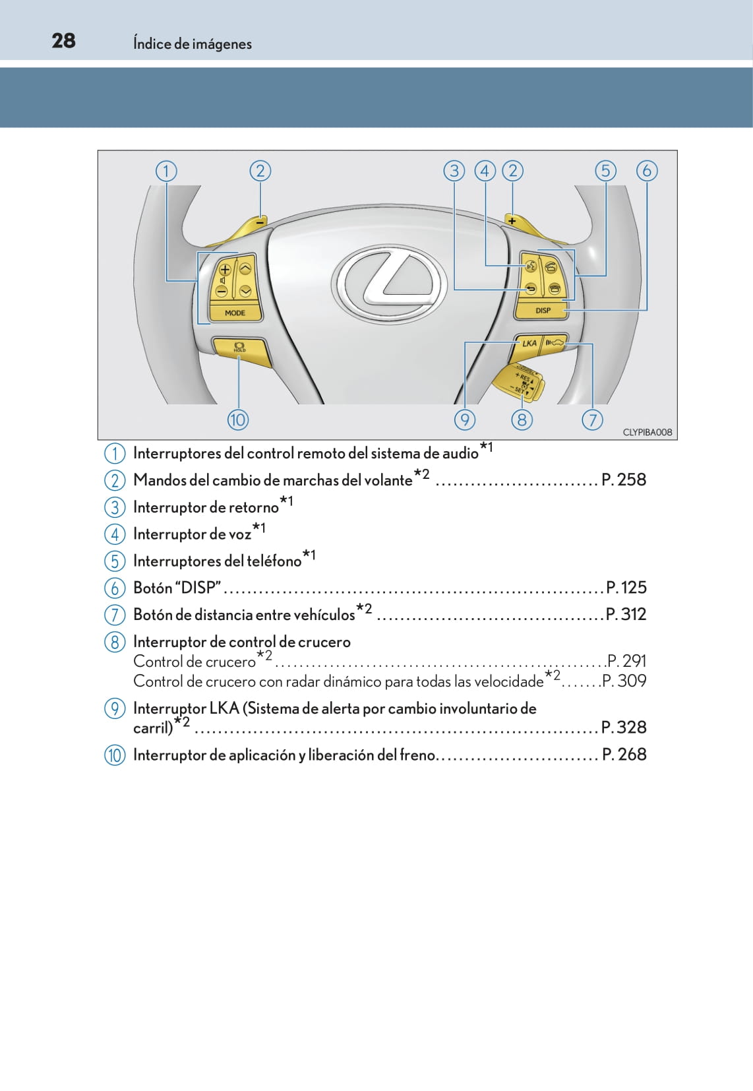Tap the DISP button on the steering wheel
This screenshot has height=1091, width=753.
543,310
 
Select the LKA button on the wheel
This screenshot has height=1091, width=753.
529,343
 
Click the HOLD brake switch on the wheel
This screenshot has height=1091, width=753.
239,347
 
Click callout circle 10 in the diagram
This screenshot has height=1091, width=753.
237,420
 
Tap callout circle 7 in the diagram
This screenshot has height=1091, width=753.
592,420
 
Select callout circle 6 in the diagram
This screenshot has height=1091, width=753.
646,171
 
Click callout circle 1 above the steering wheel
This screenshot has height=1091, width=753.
166,171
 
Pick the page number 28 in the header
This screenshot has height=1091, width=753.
63,41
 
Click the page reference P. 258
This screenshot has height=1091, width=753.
624,480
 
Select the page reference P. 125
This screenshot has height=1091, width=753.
626,587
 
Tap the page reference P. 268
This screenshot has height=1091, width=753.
624,754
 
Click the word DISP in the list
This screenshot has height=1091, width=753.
198,588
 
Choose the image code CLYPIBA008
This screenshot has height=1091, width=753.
647,432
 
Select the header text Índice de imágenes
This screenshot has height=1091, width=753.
193,44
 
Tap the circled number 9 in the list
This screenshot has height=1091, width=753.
115,708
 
